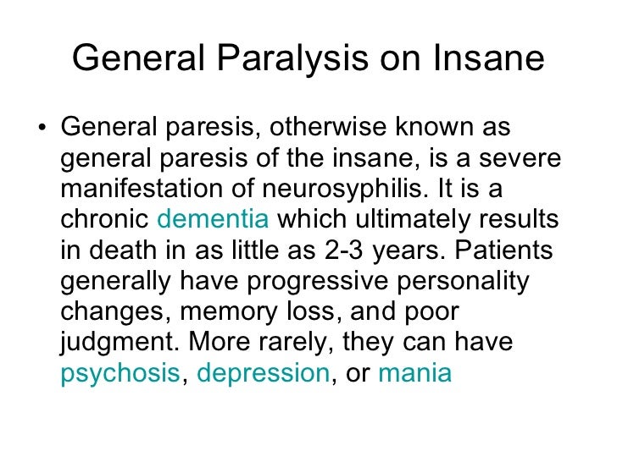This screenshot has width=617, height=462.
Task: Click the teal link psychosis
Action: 120,373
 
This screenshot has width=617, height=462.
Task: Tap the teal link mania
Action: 414,373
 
